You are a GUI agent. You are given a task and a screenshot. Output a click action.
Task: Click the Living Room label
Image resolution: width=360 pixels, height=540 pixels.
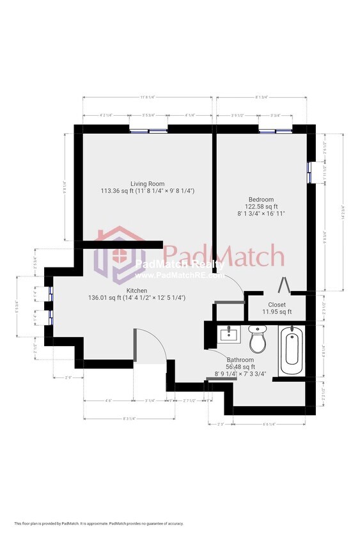pos(147,184)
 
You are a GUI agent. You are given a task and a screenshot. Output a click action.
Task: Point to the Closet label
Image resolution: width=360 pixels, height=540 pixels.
pos(277,305)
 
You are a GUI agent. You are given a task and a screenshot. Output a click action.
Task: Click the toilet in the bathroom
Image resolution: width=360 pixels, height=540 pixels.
pos(257,340)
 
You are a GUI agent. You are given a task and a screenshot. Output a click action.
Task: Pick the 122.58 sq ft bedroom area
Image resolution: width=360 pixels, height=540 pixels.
pos(261,206)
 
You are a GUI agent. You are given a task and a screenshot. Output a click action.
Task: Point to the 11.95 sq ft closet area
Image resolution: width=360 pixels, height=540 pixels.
pos(277,312)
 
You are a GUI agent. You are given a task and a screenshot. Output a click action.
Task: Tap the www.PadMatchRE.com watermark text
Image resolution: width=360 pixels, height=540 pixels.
pos(179,276)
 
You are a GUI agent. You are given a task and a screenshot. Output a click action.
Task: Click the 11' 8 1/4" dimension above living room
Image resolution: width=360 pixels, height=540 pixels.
pos(147,97)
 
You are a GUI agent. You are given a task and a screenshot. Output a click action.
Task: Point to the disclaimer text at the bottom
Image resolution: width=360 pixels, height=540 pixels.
pos(98,523)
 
